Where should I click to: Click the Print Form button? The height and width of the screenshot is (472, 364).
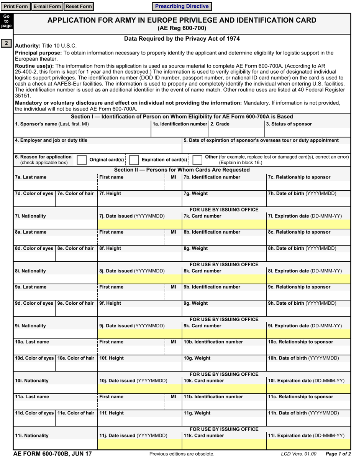pyautogui.click(x=16, y=7)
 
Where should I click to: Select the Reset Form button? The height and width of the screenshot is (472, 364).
pyautogui.click(x=79, y=7)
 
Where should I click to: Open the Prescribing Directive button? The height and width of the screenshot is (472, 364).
pyautogui.click(x=182, y=7)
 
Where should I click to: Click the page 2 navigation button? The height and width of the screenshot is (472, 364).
pyautogui.click(x=7, y=43)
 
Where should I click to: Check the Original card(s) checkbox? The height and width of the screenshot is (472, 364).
pyautogui.click(x=82, y=160)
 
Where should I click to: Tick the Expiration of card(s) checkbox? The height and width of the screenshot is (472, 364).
pyautogui.click(x=134, y=160)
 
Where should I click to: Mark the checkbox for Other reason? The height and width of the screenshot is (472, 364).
pyautogui.click(x=197, y=160)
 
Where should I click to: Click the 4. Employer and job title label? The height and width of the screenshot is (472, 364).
pyautogui.click(x=51, y=140)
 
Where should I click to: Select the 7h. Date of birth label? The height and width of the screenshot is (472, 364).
pyautogui.click(x=302, y=193)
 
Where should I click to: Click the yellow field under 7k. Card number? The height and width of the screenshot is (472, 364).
pyautogui.click(x=224, y=223)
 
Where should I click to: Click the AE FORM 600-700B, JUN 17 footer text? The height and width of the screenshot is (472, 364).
pyautogui.click(x=52, y=454)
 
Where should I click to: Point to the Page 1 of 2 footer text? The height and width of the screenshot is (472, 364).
pyautogui.click(x=338, y=454)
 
